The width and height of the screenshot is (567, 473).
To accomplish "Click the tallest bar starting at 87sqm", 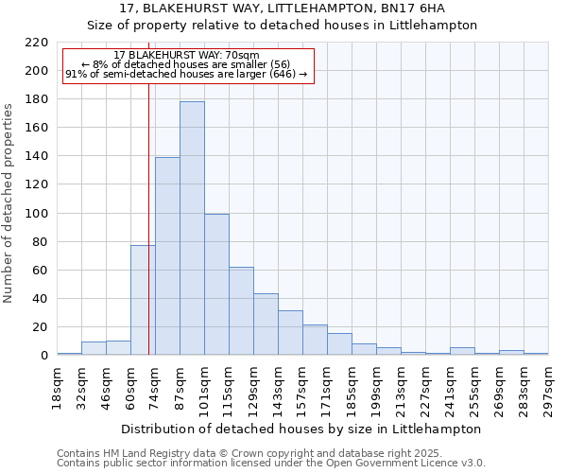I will (192, 228).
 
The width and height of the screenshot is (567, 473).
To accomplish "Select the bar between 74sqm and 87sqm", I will (167, 255).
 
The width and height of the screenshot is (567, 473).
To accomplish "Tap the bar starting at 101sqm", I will (216, 284).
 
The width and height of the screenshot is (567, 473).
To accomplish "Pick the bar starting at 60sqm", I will (143, 300).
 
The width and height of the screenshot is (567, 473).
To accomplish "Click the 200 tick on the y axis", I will (38, 71).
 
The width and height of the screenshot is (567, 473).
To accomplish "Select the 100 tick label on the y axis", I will (38, 214).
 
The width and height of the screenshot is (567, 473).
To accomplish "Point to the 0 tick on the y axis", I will (43, 356).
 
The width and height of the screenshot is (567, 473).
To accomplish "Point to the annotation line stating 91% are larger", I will (186, 74).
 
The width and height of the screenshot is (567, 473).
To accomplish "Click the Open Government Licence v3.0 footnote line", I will (271, 464).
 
